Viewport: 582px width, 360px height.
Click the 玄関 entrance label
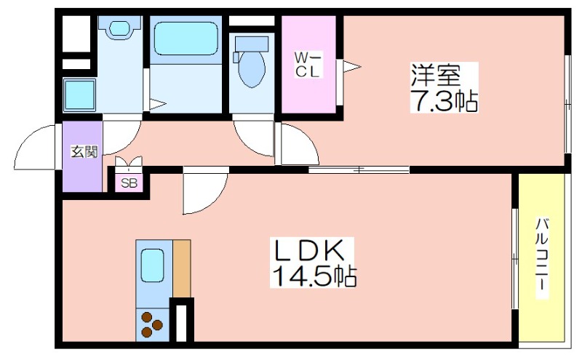[84, 152]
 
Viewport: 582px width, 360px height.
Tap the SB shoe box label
[129, 183]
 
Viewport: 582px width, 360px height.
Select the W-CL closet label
[307, 65]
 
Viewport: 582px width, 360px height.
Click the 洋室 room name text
[435, 76]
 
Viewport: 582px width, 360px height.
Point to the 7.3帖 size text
[444, 100]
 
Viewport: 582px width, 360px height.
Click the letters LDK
[308, 251]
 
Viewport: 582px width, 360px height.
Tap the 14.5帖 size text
[314, 276]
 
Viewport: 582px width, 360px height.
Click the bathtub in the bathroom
[186, 39]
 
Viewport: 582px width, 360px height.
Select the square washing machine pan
[79, 95]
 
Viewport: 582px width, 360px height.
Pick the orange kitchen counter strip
[181, 268]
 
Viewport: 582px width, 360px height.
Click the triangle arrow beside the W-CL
[351, 67]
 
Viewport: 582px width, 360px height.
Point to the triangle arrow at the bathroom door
[158, 104]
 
